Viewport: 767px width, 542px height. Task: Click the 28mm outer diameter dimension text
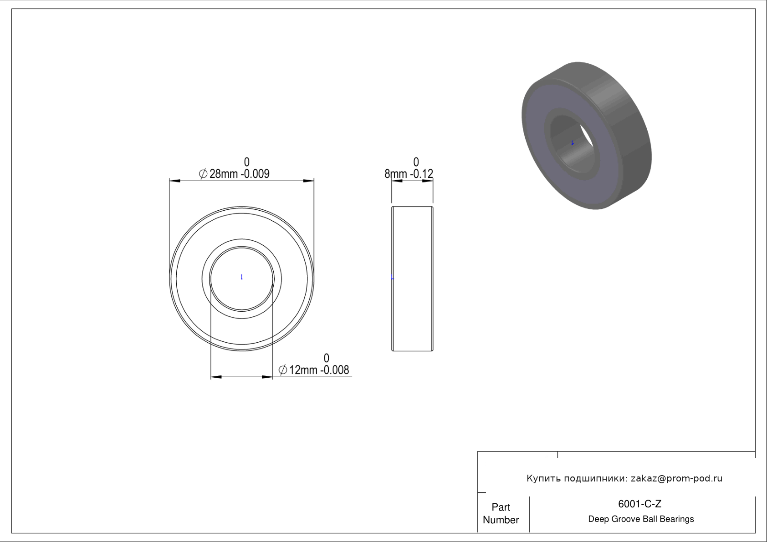coord(234,174)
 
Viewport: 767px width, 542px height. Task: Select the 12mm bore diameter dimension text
coord(314,370)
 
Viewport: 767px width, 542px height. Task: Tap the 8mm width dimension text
coord(409,174)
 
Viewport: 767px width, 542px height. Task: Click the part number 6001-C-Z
coord(639,504)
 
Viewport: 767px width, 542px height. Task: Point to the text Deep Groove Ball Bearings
coord(641,519)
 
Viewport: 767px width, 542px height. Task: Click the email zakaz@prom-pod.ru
coord(676,478)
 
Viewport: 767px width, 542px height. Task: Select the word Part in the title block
coord(501,507)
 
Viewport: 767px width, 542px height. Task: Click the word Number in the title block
coord(501,520)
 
